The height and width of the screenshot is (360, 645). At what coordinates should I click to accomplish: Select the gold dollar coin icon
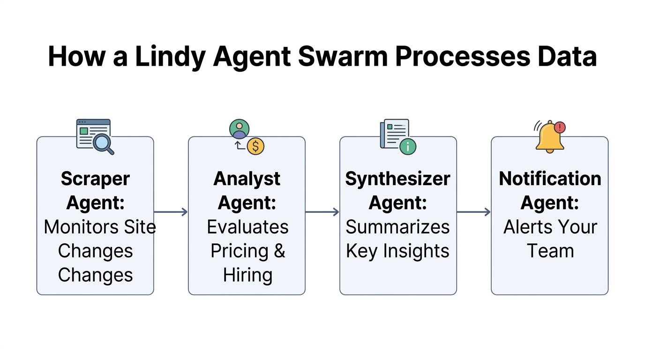click(255, 146)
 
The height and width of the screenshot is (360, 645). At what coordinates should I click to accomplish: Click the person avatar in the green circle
click(240, 128)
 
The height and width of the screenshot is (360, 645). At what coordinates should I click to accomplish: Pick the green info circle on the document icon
click(408, 146)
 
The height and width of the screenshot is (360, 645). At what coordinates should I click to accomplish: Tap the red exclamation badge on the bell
click(560, 127)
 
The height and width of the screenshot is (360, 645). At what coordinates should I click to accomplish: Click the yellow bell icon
click(549, 138)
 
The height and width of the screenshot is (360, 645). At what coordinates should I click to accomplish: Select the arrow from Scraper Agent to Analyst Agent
click(171, 212)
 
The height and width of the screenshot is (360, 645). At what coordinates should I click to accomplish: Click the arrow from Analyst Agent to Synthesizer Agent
click(322, 212)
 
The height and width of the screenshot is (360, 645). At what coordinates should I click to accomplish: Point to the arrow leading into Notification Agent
click(473, 212)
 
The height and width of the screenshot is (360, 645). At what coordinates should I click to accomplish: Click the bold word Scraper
click(95, 179)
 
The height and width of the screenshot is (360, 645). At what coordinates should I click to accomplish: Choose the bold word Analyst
click(247, 179)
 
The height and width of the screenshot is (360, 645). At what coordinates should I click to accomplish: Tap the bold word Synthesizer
click(398, 179)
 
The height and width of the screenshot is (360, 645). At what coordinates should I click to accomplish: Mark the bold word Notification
click(550, 179)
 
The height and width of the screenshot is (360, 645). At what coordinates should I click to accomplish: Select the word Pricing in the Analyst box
click(240, 251)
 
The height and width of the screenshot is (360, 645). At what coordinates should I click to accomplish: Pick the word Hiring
click(247, 275)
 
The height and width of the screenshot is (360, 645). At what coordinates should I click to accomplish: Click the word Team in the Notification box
click(550, 251)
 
